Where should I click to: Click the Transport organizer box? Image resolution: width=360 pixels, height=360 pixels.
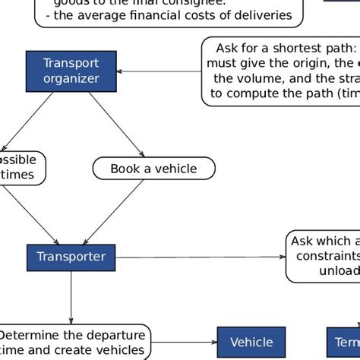(71, 71)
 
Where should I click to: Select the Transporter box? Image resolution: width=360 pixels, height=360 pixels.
(71, 257)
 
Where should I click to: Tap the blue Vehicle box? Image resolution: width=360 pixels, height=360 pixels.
(251, 343)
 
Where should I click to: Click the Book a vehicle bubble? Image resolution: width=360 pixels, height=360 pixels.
(153, 169)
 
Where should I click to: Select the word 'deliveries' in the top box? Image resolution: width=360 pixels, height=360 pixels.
(260, 14)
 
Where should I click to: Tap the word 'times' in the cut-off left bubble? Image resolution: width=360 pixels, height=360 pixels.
(17, 175)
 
